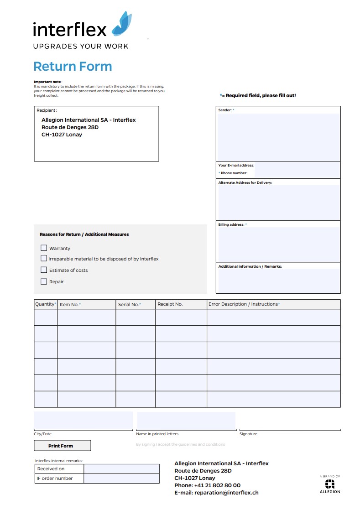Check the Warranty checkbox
point(44,248)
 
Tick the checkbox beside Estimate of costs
point(44,270)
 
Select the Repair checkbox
point(44,281)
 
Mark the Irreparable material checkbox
point(44,259)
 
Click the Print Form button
point(62,446)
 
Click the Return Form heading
point(73,67)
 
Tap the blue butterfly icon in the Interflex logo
point(122,24)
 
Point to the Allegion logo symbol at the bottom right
point(329,484)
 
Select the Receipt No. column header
point(170,304)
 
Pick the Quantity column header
point(45,304)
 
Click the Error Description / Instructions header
point(244,304)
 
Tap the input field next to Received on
point(121,469)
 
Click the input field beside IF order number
point(121,479)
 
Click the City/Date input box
point(83,420)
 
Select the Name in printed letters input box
point(186,420)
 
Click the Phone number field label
point(234,173)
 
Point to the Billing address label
point(231,224)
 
